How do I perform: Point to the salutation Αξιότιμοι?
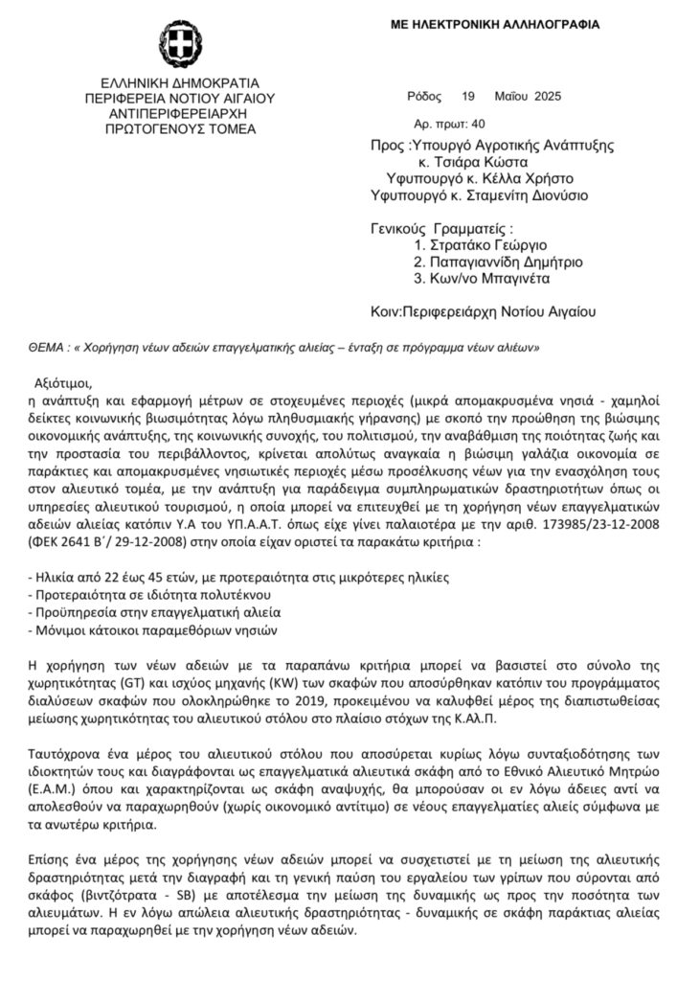pos(65,379)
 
